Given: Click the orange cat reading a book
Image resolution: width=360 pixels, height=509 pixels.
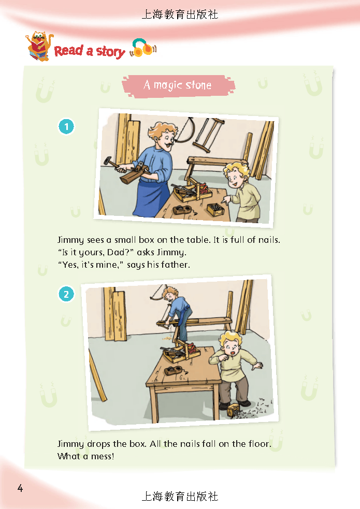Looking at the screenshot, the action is coord(39,46).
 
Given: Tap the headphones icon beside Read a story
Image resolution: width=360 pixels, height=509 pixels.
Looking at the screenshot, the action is coord(143,48).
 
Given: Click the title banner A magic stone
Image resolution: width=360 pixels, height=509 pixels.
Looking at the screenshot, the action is coord(178,86).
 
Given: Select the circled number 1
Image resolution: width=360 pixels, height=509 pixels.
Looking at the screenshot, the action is coord(66,126).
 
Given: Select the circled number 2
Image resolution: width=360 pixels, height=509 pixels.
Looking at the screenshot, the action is coord(66,294).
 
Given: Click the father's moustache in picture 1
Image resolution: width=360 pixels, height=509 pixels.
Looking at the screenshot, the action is coord(168,143).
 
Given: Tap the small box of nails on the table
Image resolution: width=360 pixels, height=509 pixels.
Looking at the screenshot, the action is coord(215,209).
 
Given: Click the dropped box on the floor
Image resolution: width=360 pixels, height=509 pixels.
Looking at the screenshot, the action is coord(234,410).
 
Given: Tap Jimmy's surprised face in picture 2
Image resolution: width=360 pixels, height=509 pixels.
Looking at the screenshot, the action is coord(231,348).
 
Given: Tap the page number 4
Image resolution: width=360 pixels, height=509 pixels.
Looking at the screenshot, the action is coord(20,488).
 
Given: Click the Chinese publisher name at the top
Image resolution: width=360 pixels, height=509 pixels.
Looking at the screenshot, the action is coord(180,14).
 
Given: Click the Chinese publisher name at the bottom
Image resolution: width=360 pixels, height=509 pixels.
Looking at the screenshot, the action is coord(180,497).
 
